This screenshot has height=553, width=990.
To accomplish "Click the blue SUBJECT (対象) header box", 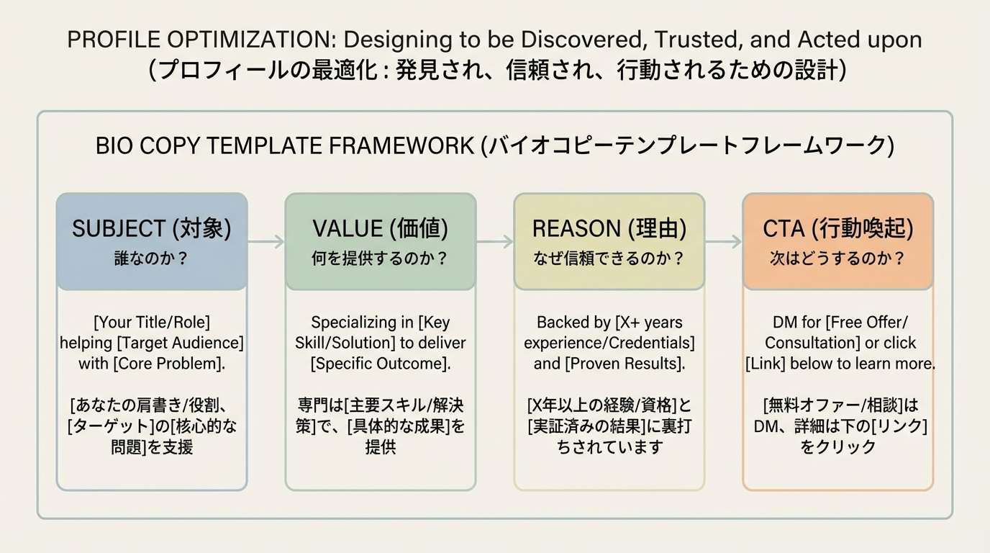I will tap(151, 241).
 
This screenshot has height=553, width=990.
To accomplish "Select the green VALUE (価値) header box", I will tap(380, 241).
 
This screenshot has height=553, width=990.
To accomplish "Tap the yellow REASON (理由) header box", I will tap(609, 241).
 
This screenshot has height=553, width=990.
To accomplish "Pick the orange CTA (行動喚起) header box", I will tap(837, 241).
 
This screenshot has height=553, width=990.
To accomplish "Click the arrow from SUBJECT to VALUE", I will tap(266, 242).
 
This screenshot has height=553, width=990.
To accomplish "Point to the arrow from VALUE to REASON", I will tap(495, 242).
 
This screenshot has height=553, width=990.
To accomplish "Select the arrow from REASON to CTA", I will tap(724, 242).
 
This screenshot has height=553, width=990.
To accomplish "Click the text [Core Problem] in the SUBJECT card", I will tap(168, 364).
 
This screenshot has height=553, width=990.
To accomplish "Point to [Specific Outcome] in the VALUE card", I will tap(381, 364).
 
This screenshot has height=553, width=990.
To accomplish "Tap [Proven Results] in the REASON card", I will tap(623, 364).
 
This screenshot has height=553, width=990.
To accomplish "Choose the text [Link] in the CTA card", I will tap(766, 364).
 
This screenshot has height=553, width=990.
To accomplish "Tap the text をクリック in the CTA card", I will tap(837, 446).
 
